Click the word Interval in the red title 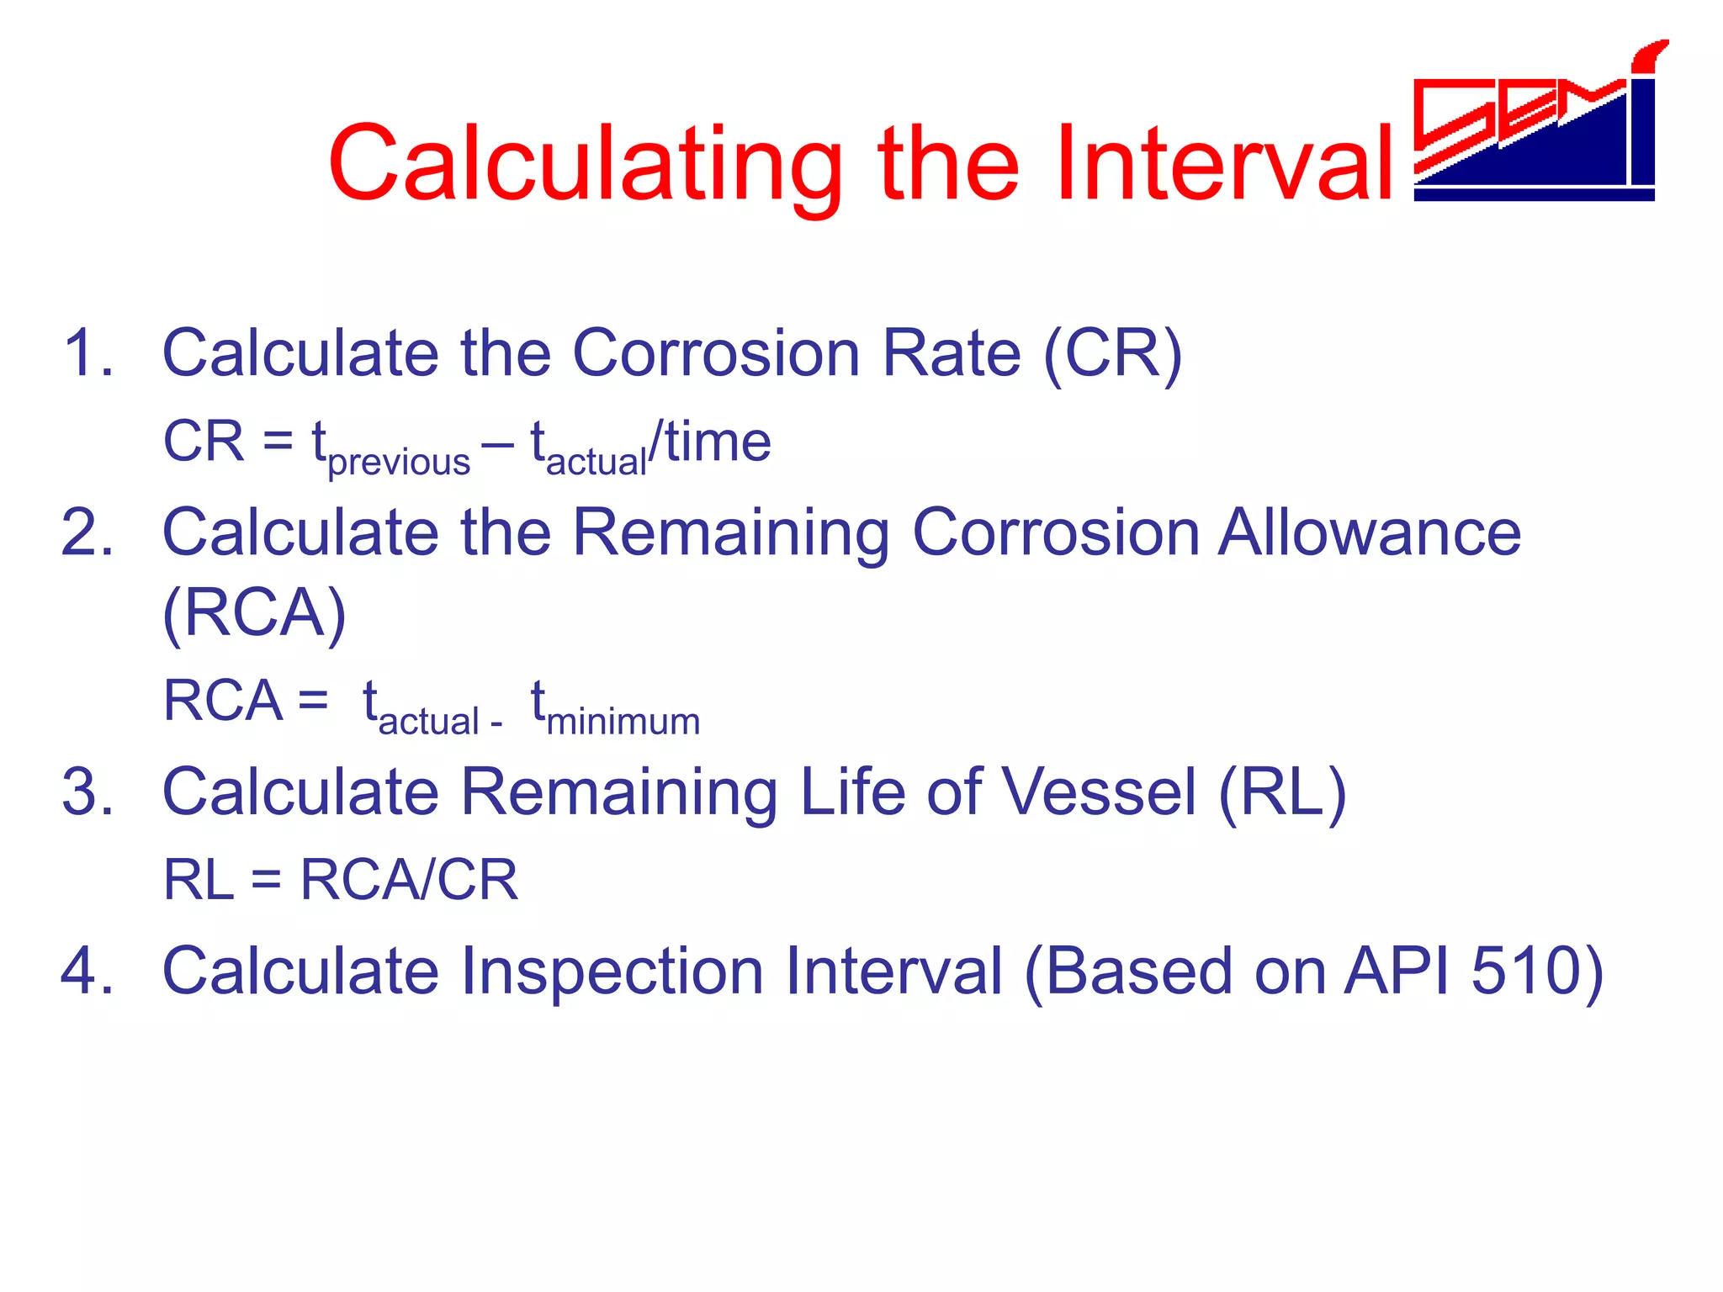point(1224,164)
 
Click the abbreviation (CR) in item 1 point(1112,353)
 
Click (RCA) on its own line point(254,614)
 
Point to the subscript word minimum point(623,722)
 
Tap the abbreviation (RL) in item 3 point(1282,792)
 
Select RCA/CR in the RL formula point(409,881)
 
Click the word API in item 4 point(1397,972)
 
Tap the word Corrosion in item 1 point(715,353)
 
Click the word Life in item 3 point(851,792)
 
